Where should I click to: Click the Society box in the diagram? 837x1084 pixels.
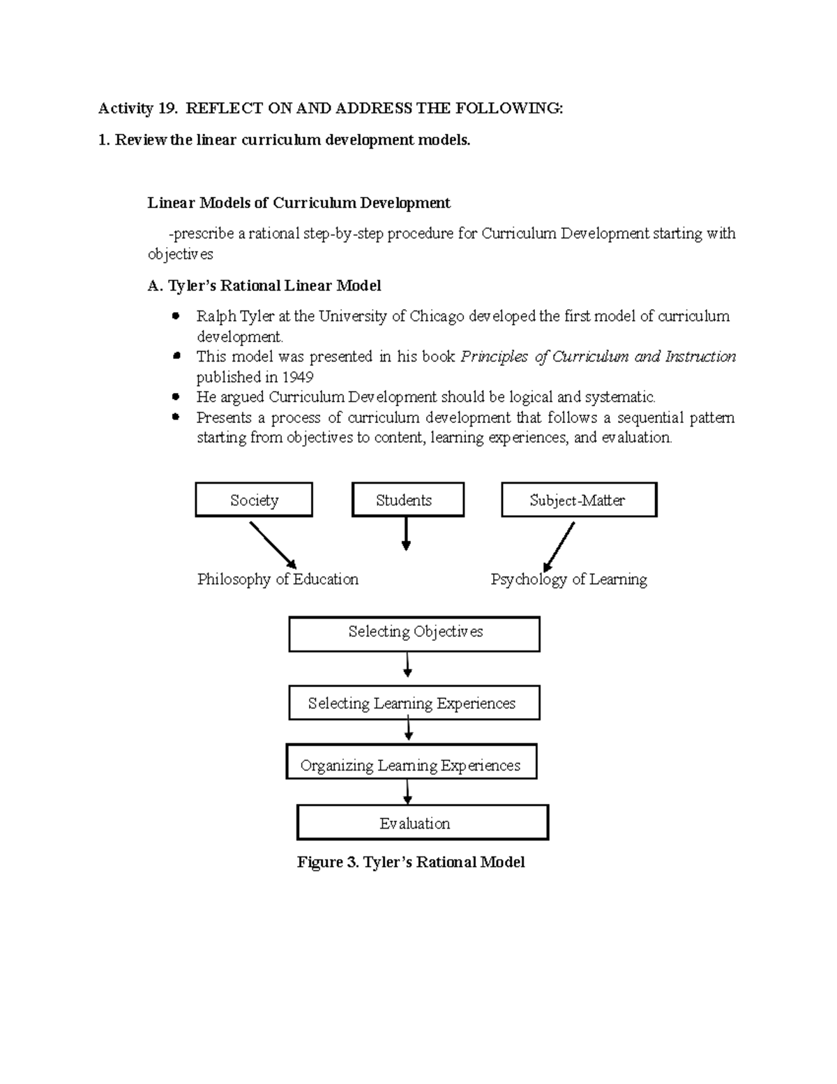click(x=254, y=500)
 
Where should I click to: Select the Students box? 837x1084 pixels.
click(x=407, y=500)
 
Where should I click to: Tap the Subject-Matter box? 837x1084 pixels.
click(x=579, y=500)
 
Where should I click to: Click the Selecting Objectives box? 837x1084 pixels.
click(x=414, y=633)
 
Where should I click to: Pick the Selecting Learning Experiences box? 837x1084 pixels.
click(x=414, y=703)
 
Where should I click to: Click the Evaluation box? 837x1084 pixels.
click(x=423, y=822)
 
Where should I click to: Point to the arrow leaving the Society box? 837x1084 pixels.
click(x=273, y=545)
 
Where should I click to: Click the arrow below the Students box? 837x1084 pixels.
click(x=406, y=535)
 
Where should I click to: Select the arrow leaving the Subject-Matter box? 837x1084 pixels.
click(x=559, y=547)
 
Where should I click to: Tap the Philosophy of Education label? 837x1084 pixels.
click(x=278, y=579)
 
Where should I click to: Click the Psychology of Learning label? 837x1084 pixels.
click(x=568, y=579)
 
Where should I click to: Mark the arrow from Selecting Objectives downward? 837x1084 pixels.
click(x=407, y=664)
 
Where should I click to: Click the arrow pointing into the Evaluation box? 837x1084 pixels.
click(x=407, y=792)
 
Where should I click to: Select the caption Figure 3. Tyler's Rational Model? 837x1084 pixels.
click(x=411, y=862)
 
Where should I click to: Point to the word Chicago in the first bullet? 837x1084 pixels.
click(x=437, y=316)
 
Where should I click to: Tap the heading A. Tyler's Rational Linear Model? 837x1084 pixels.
click(x=264, y=285)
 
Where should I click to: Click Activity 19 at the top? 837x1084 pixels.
click(x=137, y=108)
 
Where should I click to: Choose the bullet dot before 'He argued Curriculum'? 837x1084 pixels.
click(x=176, y=396)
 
